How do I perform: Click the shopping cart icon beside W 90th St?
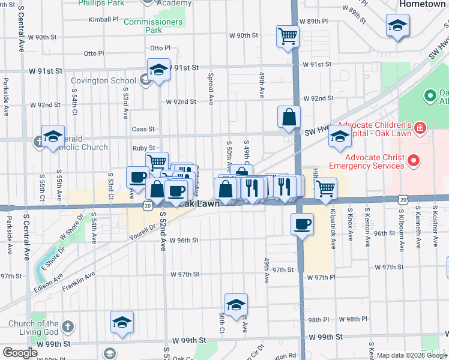pyautogui.click(x=288, y=37)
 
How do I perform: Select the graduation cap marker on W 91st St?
pyautogui.click(x=158, y=70)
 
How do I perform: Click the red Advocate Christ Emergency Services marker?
pyautogui.click(x=413, y=161)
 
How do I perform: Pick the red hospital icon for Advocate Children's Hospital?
pyautogui.click(x=420, y=127)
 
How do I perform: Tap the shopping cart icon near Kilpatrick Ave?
pyautogui.click(x=325, y=188)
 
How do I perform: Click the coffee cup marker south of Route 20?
pyautogui.click(x=301, y=224)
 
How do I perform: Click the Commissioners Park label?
pyautogui.click(x=153, y=26)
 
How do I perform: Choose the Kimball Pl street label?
pyautogui.click(x=103, y=19)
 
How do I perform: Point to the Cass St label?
pyautogui.click(x=143, y=129)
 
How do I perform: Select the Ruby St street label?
pyautogui.click(x=143, y=148)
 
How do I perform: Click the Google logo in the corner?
pyautogui.click(x=20, y=353)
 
